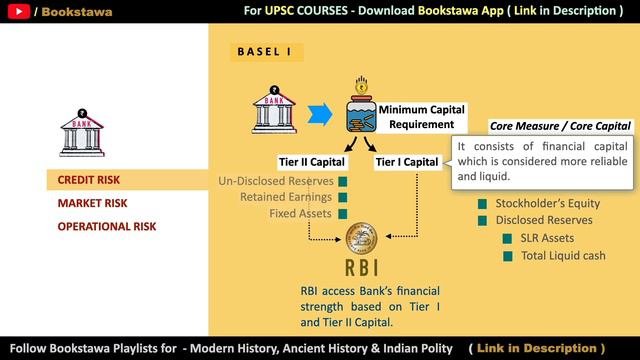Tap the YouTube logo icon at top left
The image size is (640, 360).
coord(17,12)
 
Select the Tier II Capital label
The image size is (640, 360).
coord(311,162)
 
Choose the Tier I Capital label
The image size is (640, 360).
coord(407,162)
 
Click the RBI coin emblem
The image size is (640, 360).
coord(362,240)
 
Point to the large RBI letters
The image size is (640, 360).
coord(362,269)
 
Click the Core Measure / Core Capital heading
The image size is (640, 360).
coord(560,126)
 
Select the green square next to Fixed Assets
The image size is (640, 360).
coord(342,213)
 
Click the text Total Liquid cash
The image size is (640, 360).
coord(563,256)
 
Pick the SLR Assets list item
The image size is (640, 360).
coord(548,238)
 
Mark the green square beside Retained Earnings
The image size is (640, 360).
coord(342,197)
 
